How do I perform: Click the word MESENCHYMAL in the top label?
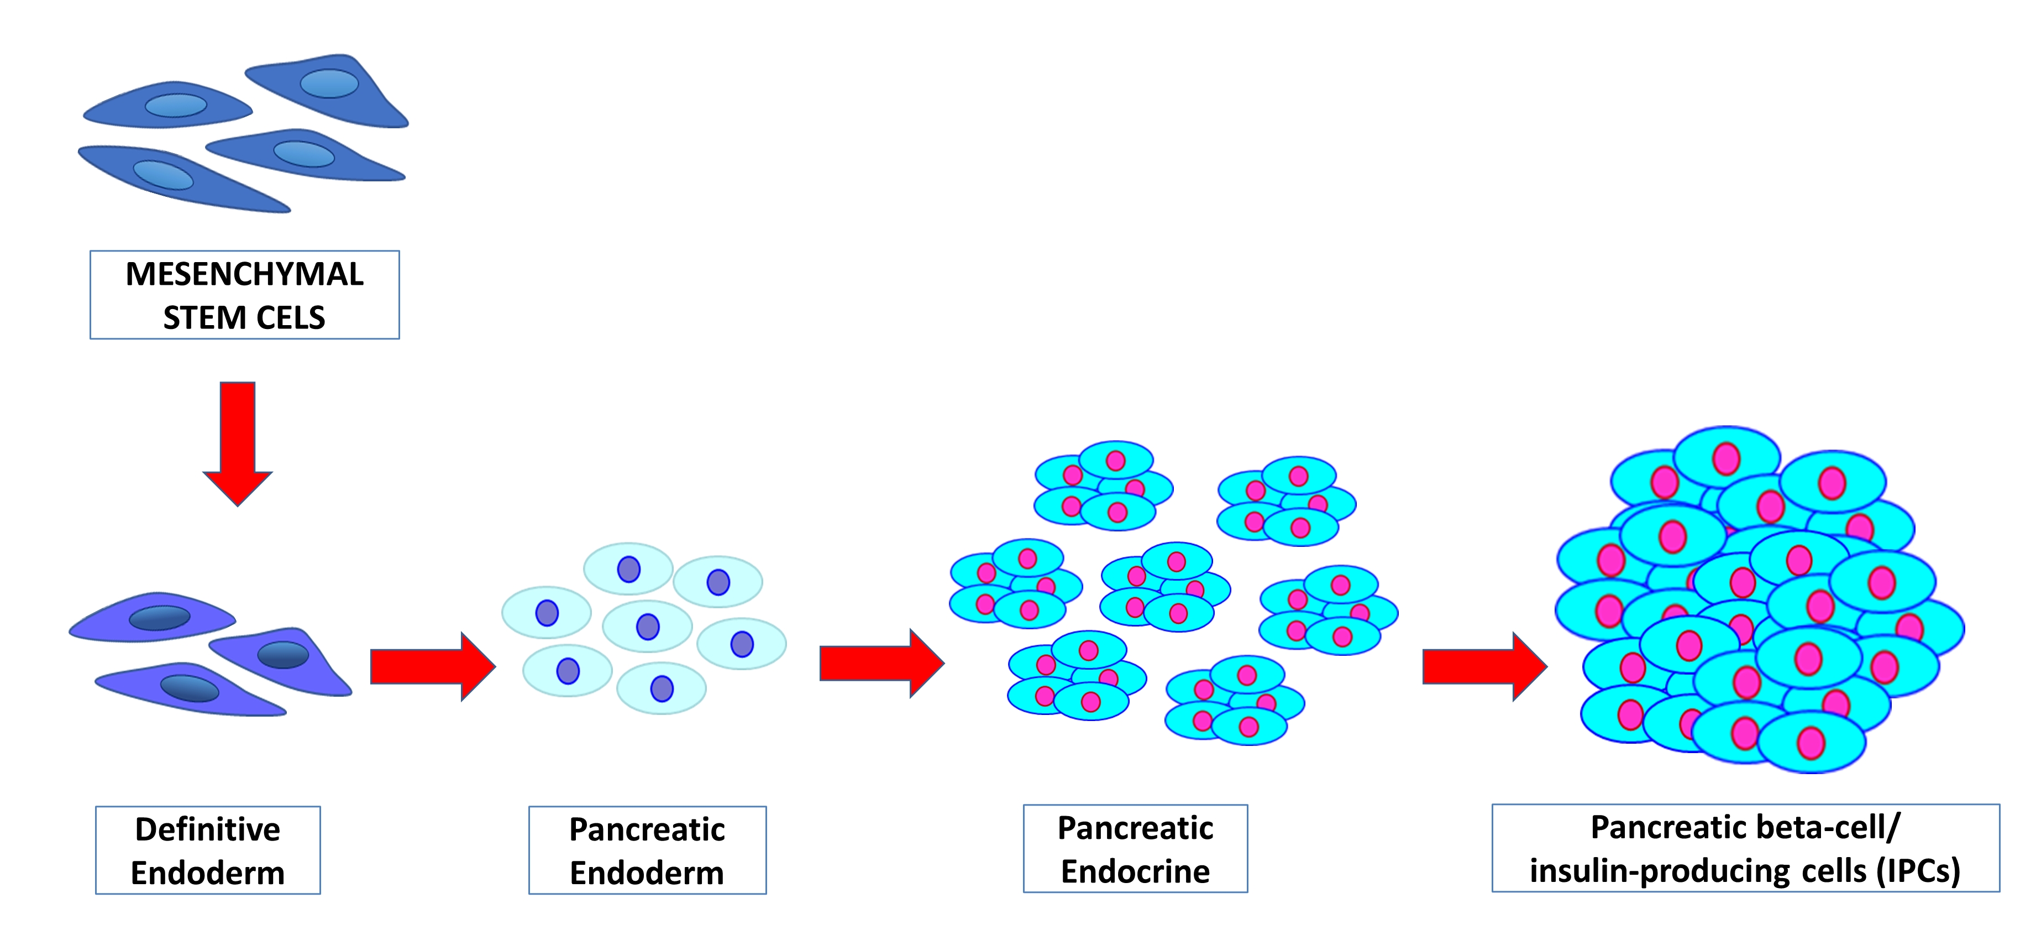(x=244, y=274)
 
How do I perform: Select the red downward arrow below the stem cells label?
(x=237, y=443)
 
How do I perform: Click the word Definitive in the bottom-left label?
(x=207, y=829)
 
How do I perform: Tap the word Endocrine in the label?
(x=1135, y=871)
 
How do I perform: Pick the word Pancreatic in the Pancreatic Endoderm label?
(x=647, y=829)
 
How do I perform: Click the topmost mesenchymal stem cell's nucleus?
(x=329, y=83)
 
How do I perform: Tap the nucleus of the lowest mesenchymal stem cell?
(x=163, y=175)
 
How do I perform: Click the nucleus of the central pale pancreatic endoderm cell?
(x=647, y=627)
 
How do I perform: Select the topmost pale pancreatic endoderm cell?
(x=628, y=568)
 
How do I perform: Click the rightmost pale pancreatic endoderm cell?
(x=741, y=644)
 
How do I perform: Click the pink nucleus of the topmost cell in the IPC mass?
(x=1725, y=458)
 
